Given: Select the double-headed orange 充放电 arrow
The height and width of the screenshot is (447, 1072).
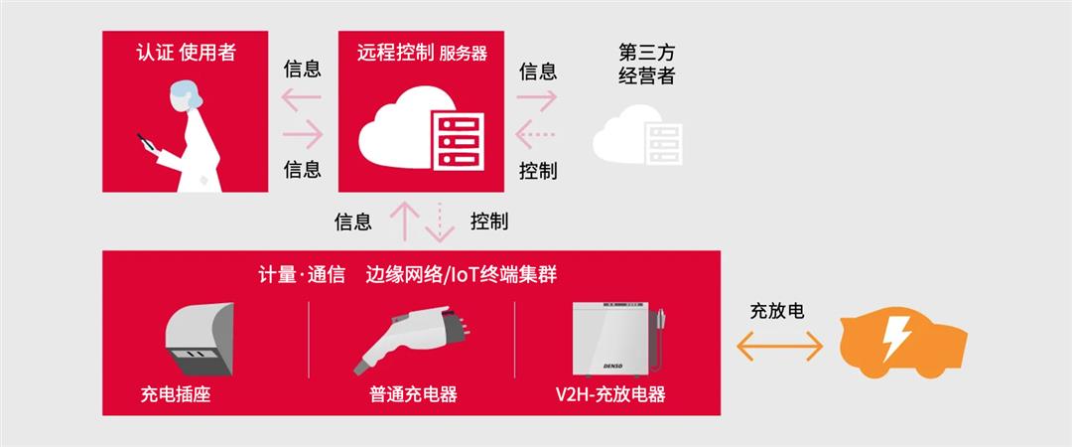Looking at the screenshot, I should point(779,346).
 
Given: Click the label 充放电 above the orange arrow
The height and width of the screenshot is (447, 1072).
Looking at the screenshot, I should point(776,311).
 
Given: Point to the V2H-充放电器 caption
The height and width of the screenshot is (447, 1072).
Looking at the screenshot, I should point(609,394).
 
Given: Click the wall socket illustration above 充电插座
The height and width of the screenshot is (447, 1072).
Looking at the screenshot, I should point(201,339).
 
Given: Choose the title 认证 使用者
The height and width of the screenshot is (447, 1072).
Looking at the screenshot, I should point(186,53).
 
